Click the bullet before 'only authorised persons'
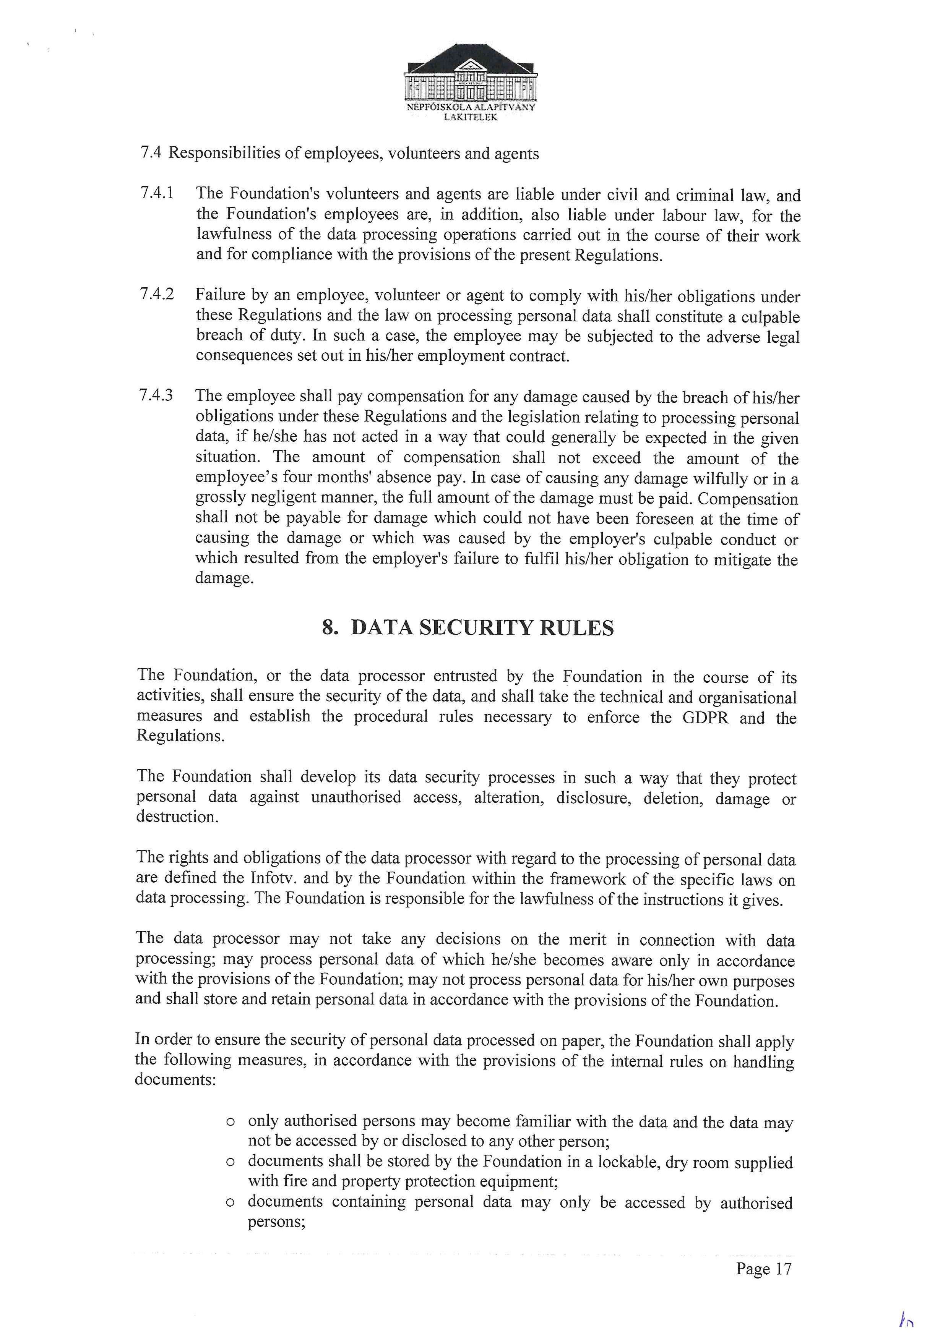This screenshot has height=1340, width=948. click(x=230, y=1122)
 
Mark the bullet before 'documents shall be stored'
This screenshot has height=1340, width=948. click(x=230, y=1162)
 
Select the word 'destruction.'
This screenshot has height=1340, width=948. click(x=177, y=817)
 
